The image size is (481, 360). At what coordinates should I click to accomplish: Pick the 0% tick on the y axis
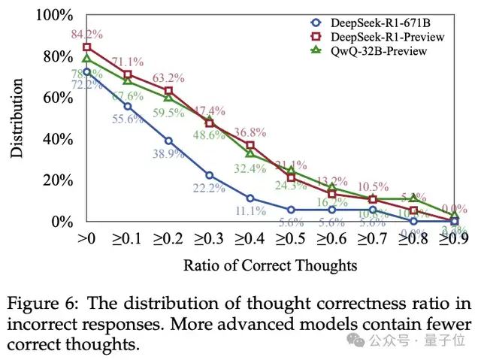click(62, 222)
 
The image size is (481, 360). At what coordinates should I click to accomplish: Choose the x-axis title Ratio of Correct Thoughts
click(271, 265)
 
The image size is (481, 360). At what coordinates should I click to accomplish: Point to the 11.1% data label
click(250, 211)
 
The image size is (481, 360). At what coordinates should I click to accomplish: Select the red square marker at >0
click(87, 47)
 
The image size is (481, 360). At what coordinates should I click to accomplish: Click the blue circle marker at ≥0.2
click(168, 141)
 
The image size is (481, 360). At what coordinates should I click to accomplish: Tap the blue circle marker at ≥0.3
click(210, 175)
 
